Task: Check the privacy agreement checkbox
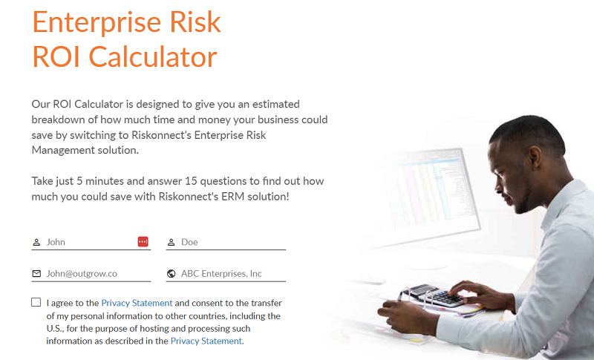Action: (36, 303)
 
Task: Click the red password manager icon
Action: (143, 242)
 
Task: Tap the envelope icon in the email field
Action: (36, 274)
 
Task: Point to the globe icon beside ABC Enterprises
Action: (171, 274)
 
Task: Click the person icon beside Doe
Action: (171, 242)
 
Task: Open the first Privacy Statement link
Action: (137, 303)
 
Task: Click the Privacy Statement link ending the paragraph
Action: (206, 341)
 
